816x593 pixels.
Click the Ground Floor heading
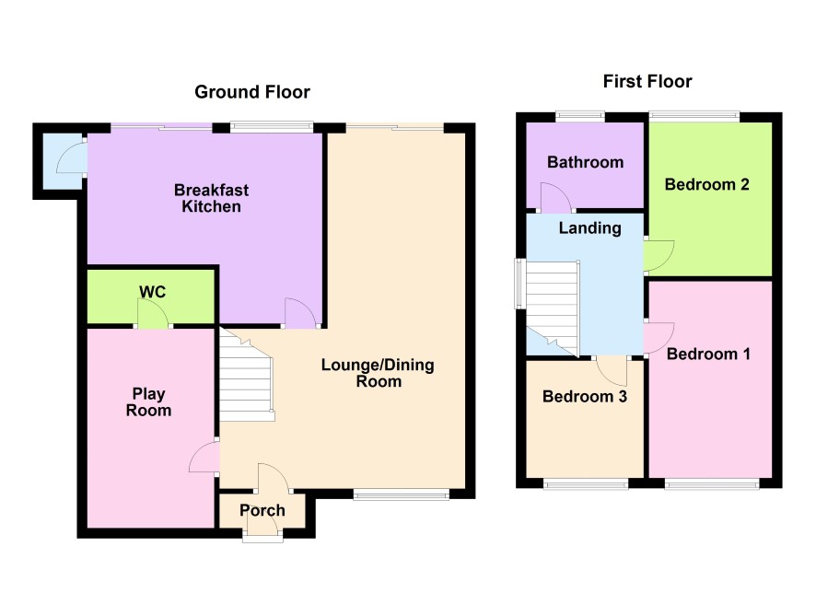click(251, 92)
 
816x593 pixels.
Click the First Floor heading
click(647, 81)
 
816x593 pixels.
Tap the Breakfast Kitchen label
click(211, 198)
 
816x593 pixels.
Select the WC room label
click(153, 292)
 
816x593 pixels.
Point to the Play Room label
click(149, 402)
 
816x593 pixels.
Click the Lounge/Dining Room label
click(378, 373)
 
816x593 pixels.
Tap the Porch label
click(262, 510)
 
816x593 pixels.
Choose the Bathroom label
click(586, 162)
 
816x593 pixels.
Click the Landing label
click(590, 227)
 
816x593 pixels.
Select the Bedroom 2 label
click(706, 184)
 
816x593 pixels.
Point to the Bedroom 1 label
click(708, 355)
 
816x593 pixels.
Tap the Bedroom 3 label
click(585, 396)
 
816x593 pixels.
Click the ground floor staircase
click(246, 376)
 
